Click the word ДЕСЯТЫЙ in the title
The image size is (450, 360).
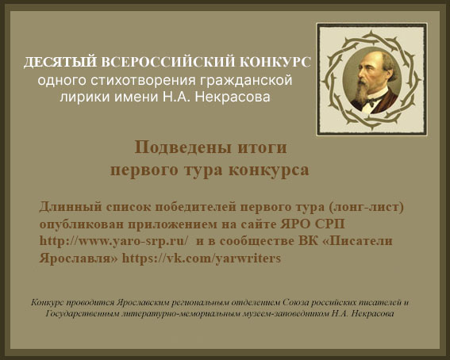60,62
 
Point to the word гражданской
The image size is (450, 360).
246,81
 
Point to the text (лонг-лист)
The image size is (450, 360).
366,207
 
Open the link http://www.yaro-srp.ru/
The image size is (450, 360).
114,242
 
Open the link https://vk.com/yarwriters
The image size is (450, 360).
202,259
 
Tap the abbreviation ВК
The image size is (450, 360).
308,241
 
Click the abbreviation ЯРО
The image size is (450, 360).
294,224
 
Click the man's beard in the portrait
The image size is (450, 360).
361,92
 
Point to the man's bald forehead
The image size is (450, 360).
369,59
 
